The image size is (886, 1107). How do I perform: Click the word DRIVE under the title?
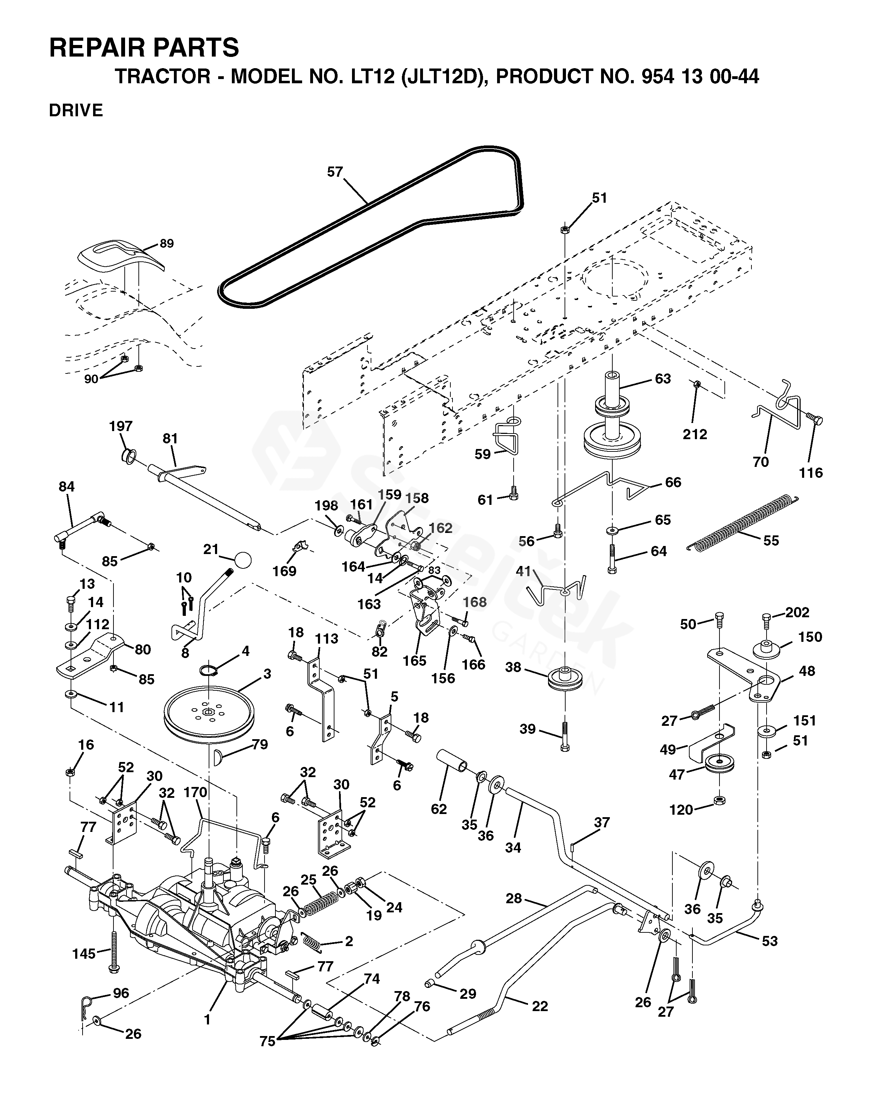click(76, 110)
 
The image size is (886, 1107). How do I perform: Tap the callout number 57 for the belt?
click(335, 172)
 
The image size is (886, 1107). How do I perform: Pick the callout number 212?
click(695, 434)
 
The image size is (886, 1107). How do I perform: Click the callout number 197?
click(120, 426)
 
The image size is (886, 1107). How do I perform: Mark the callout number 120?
click(681, 810)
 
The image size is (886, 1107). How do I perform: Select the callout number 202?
click(797, 613)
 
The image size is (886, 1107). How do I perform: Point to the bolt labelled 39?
click(565, 736)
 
